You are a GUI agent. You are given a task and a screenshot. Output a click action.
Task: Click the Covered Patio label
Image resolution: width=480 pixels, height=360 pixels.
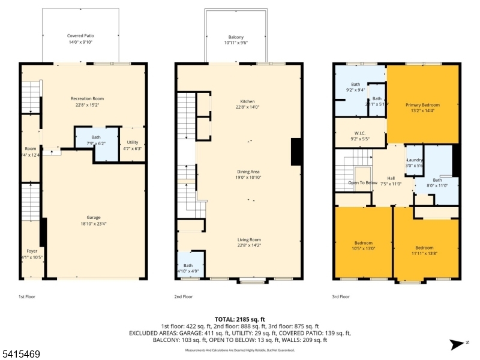coord(80,36)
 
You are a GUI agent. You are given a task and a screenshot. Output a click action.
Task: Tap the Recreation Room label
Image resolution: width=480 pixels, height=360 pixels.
coord(88,98)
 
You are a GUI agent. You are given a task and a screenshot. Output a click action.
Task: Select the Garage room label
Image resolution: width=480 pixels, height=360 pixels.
coord(93,217)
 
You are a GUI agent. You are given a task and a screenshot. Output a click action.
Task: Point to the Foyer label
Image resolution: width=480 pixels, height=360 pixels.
coord(31,251)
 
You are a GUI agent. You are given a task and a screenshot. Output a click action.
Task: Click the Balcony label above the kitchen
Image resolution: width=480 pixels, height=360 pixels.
coord(236,37)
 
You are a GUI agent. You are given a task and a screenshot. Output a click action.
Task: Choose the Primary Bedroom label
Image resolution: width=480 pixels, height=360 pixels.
coord(422,105)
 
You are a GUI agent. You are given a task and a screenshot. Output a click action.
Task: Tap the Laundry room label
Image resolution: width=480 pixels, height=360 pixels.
coord(415,160)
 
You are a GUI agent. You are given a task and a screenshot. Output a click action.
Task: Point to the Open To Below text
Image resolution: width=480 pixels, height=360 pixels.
coord(363,182)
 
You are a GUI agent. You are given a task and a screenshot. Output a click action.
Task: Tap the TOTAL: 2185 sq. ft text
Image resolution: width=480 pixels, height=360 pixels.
coord(239,319)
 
